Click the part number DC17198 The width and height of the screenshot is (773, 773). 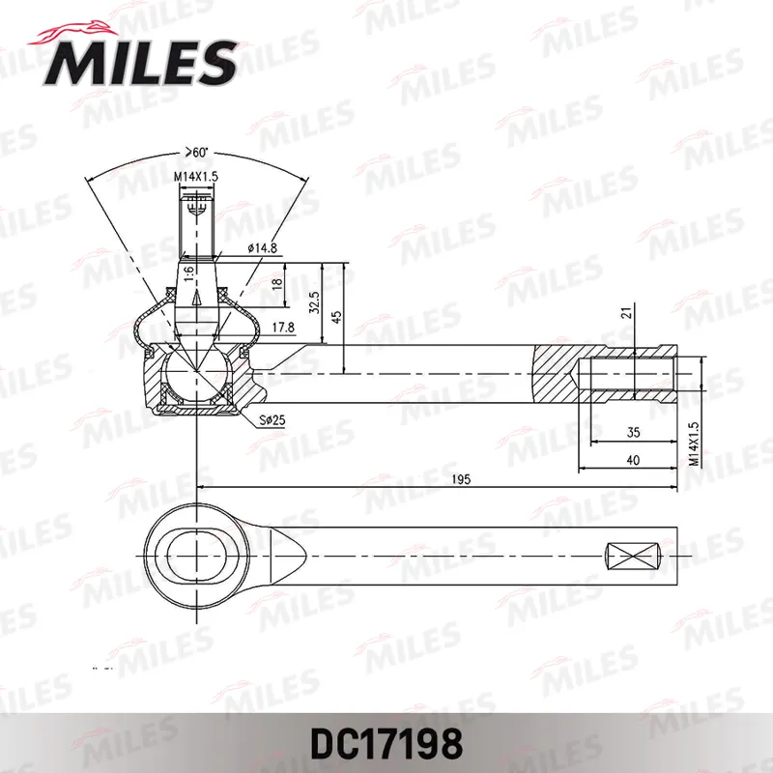[386, 744]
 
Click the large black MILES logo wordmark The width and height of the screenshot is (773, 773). [140, 63]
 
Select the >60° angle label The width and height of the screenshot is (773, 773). [197, 152]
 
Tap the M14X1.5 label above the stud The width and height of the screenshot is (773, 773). [196, 177]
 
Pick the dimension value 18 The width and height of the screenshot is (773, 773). [276, 283]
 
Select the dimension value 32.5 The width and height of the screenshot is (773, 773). [314, 301]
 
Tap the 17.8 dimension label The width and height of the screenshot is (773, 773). [282, 328]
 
